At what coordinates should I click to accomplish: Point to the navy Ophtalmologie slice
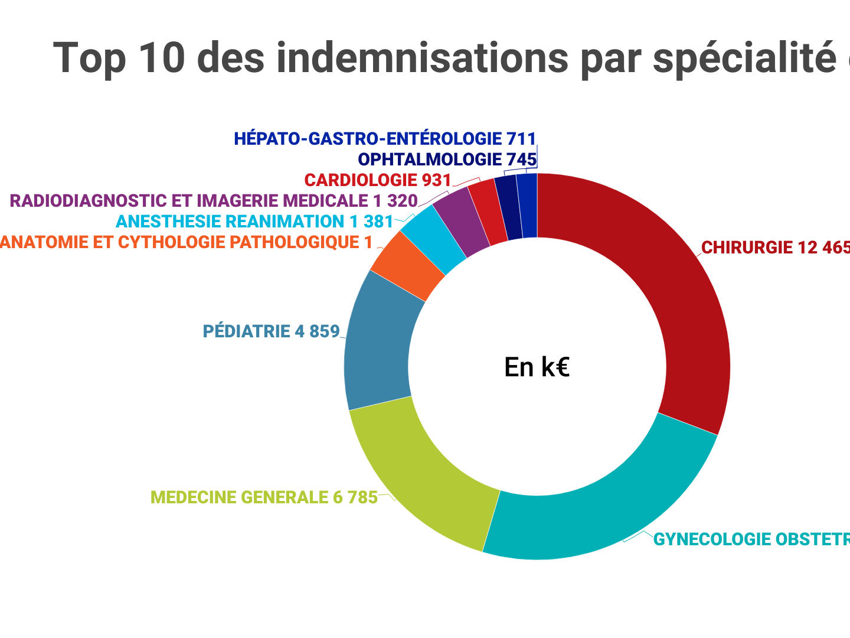pos(508,207)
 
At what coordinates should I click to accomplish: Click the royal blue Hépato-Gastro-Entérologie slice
pos(527,206)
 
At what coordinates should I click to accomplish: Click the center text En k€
pos(537,367)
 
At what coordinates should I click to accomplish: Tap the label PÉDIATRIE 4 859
pos(271,331)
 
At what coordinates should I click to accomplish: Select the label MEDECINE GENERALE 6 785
pos(264,497)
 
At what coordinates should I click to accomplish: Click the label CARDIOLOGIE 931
pos(378,180)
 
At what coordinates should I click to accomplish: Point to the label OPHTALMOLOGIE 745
pos(447,159)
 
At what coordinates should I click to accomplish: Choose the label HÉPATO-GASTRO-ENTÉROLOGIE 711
pos(385,139)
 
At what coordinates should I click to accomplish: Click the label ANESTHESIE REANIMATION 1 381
pos(254,222)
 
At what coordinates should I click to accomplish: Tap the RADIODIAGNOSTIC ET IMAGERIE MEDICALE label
pos(214,201)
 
